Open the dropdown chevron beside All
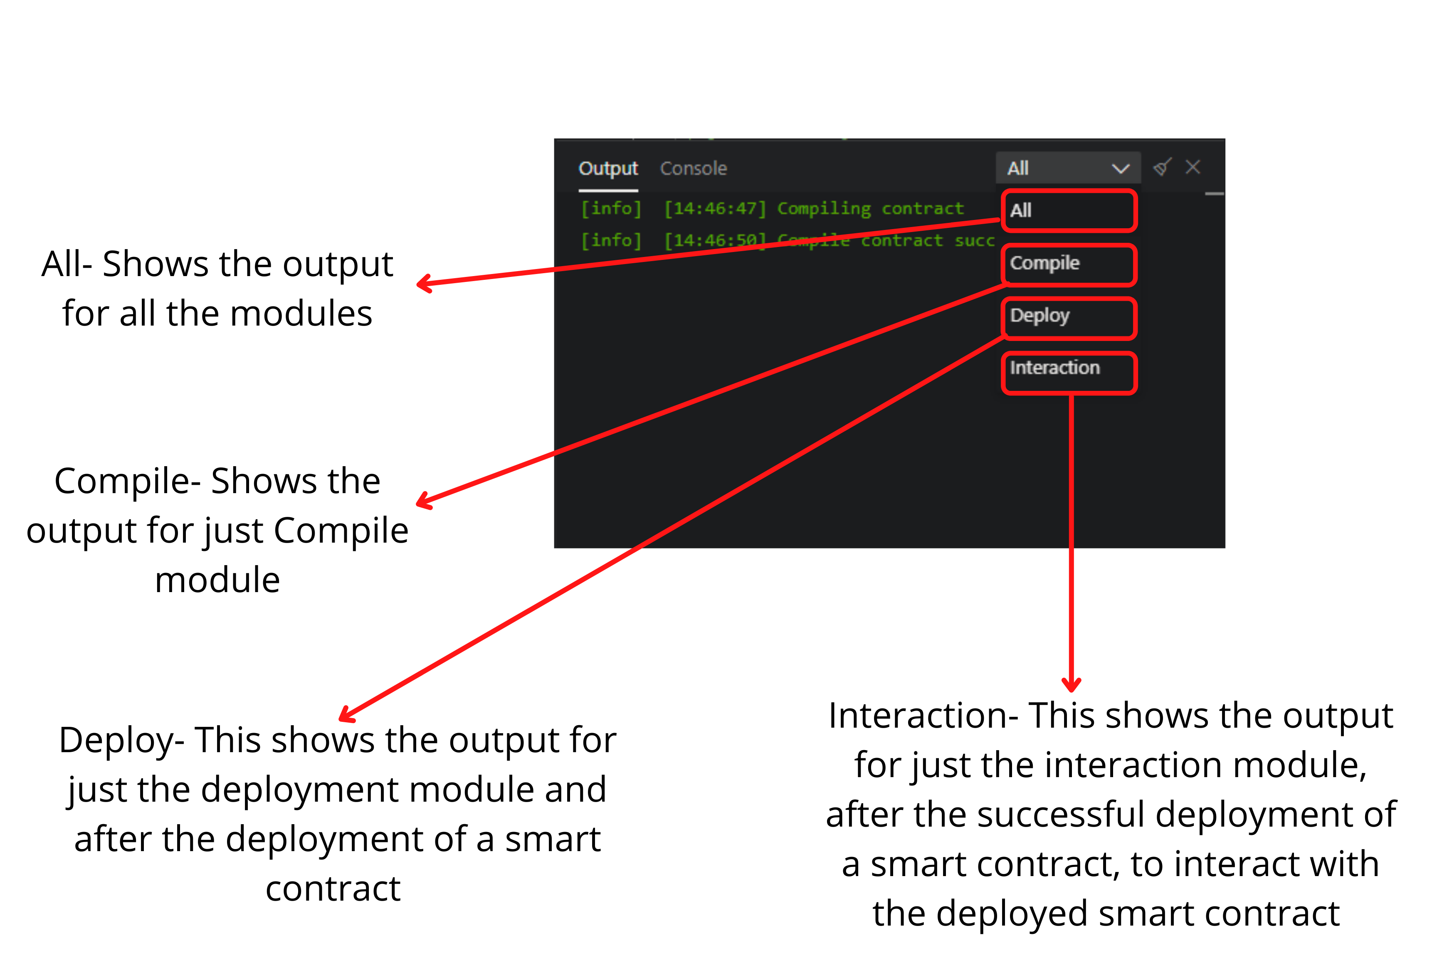(x=1120, y=169)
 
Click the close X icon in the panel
(x=1193, y=167)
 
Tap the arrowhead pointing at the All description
(x=422, y=284)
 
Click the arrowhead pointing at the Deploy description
(x=344, y=716)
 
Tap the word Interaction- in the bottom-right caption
(x=923, y=716)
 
